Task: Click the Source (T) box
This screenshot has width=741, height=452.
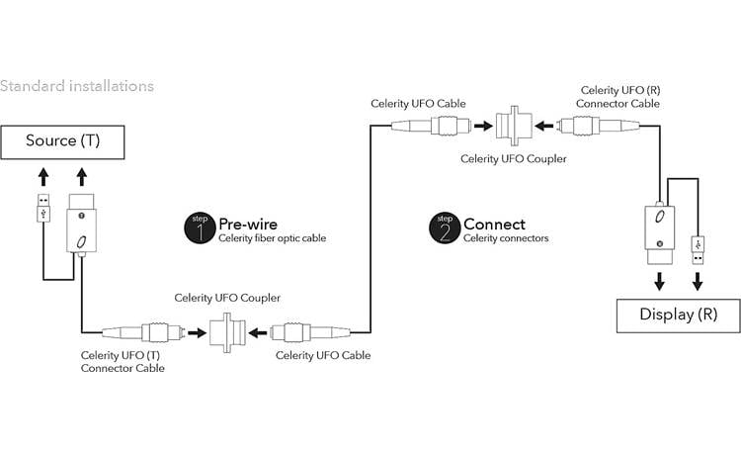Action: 63,140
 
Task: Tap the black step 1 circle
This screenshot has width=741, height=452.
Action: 200,227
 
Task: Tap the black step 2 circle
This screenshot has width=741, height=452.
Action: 444,227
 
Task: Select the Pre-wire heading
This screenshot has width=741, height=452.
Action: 248,224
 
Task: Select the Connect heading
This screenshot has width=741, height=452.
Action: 494,224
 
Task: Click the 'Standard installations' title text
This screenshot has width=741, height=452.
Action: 77,86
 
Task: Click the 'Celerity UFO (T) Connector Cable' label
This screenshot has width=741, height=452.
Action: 123,361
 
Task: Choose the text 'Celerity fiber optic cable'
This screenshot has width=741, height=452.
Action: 272,238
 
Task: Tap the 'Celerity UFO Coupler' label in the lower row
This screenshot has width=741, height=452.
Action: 227,297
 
